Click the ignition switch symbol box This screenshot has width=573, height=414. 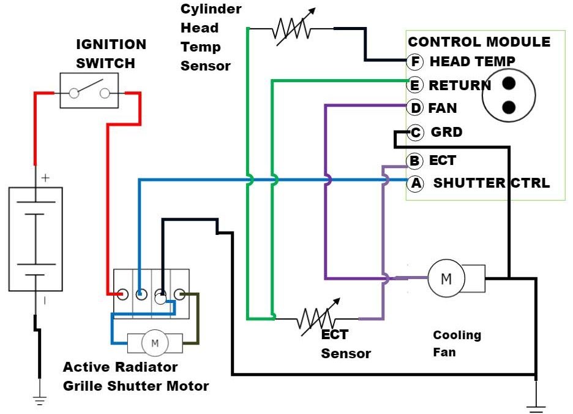pos(89,91)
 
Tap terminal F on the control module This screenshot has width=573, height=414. pos(415,61)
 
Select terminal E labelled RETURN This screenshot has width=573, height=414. pos(415,85)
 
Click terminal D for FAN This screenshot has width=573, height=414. pos(416,109)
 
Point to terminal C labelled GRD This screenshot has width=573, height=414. pos(416,132)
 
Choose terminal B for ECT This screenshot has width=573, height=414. pos(415,161)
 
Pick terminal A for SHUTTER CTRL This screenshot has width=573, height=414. pos(415,183)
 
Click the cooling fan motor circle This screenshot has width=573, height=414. pos(446,278)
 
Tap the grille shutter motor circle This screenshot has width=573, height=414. pos(154,342)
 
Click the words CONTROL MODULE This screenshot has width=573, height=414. pos(479,42)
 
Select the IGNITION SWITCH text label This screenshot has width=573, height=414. pos(111,54)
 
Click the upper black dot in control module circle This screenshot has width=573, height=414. pos(509,82)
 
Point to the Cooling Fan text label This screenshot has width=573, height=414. pos(457,343)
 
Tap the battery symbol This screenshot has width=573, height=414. pos(36,239)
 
